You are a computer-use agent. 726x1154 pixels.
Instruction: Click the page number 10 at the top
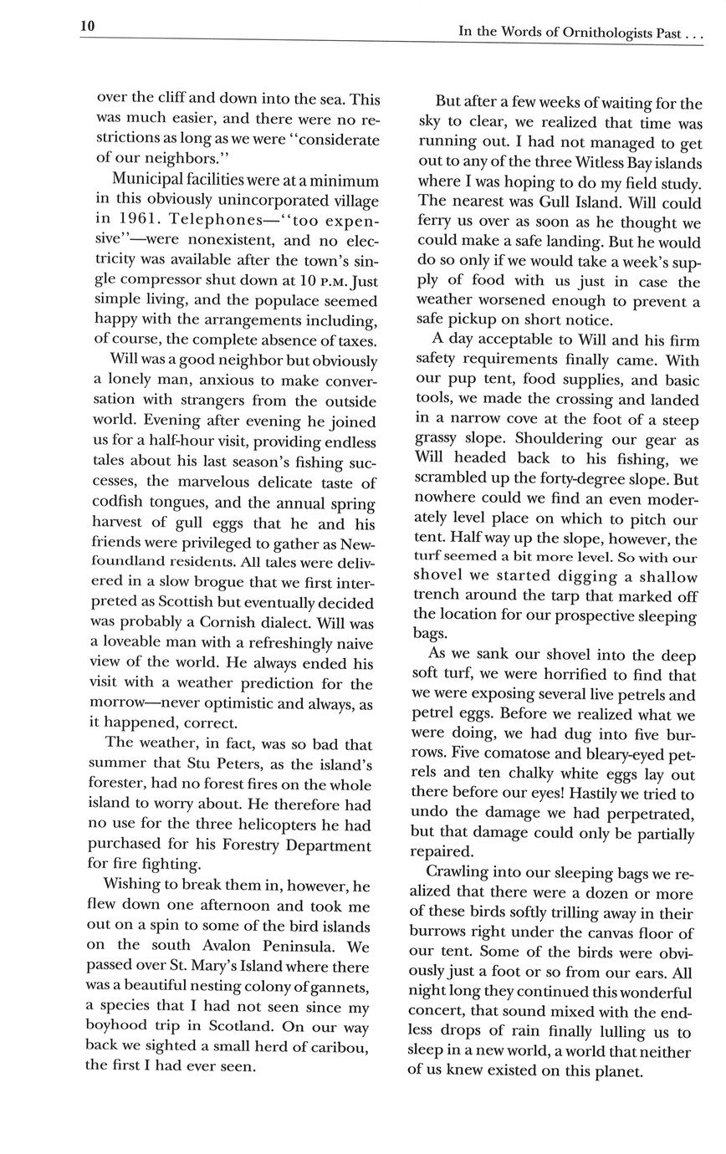(88, 26)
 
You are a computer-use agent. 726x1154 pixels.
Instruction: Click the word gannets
(342, 987)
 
